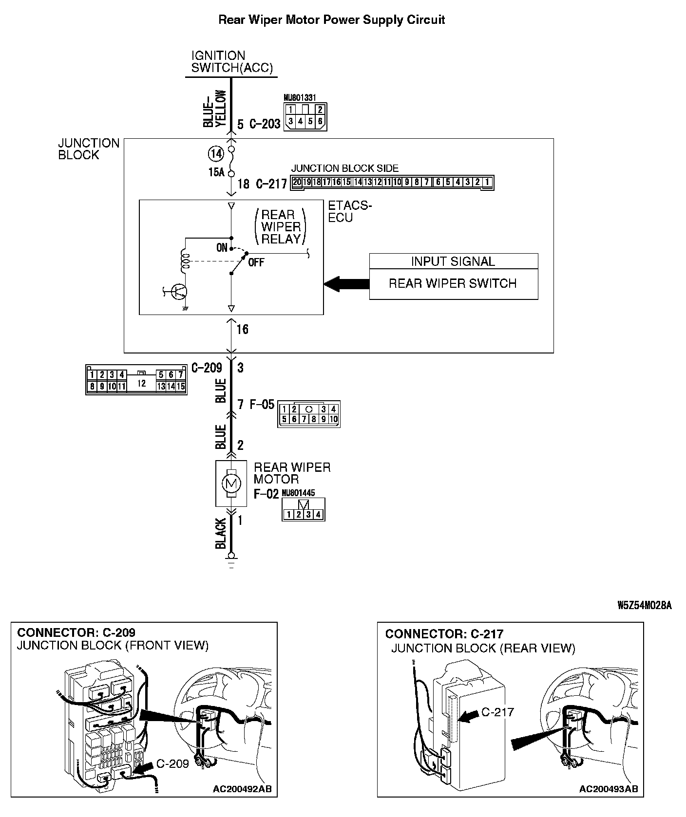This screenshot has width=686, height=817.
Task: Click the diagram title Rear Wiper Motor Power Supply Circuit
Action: [x=331, y=20]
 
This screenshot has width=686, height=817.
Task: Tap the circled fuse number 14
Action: [x=215, y=154]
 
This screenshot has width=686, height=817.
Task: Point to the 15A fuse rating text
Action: [x=215, y=172]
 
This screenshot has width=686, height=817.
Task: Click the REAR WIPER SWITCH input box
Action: [x=453, y=283]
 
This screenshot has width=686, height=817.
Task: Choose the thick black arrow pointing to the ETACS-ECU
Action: [x=347, y=284]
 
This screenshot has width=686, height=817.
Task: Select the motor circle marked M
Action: [x=231, y=483]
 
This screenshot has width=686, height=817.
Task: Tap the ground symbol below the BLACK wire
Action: [x=231, y=559]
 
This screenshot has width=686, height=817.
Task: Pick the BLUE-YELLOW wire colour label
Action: [x=214, y=109]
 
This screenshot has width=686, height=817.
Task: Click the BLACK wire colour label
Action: [x=221, y=534]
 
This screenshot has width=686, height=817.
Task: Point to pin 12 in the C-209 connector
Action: [x=141, y=383]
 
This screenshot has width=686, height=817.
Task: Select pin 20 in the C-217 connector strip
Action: [x=297, y=183]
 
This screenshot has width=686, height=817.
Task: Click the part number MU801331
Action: [x=300, y=98]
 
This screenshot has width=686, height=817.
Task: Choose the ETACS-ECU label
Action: [x=349, y=212]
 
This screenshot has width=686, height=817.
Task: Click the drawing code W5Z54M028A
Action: [x=644, y=605]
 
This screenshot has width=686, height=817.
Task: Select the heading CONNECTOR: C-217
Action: [x=444, y=634]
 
